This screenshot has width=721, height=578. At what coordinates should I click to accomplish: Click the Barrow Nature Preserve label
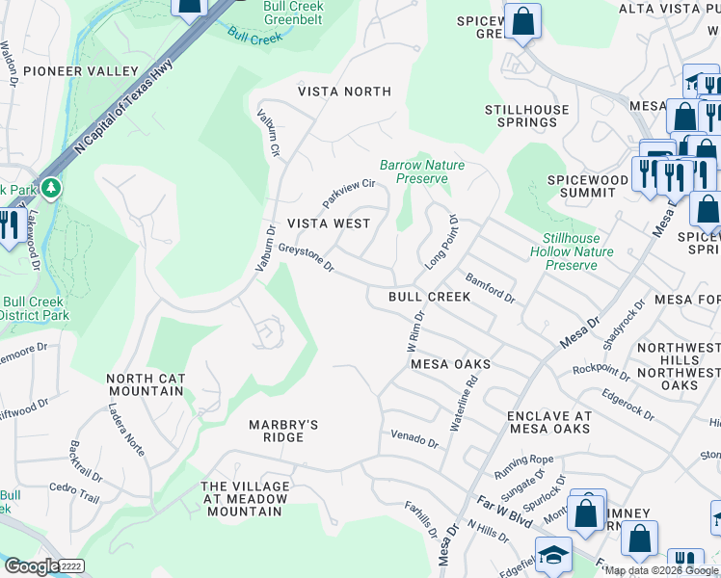click(421, 171)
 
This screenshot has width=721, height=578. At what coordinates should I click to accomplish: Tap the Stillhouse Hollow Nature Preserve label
click(571, 250)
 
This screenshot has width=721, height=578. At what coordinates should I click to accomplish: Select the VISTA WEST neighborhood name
click(329, 223)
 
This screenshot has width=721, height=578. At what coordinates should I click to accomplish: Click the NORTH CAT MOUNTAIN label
click(145, 384)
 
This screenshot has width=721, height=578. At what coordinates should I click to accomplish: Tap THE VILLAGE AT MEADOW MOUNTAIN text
click(244, 498)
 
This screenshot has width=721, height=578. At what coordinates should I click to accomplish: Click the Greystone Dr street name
click(306, 257)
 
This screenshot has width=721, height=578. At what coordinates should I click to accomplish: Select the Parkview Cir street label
click(348, 192)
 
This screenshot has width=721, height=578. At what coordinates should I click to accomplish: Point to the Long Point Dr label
click(440, 243)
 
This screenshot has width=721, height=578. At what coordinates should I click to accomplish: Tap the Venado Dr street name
click(414, 439)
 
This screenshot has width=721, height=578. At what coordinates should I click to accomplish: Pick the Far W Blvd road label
click(504, 510)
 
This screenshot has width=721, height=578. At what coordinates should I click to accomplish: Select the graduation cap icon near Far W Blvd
click(553, 554)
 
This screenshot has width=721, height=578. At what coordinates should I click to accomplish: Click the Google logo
click(31, 566)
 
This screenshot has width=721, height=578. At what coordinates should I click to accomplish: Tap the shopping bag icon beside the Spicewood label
click(522, 21)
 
